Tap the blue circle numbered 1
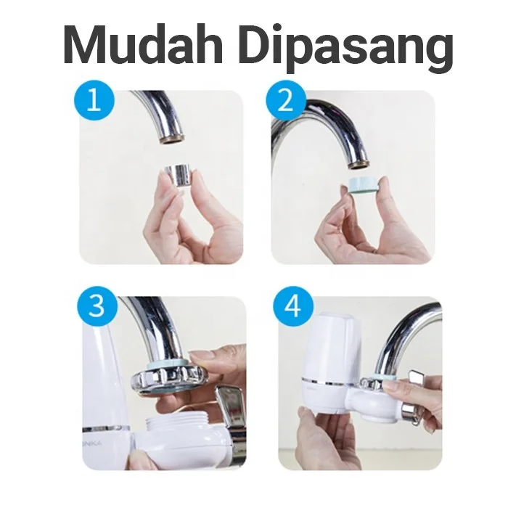(x=94, y=100)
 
